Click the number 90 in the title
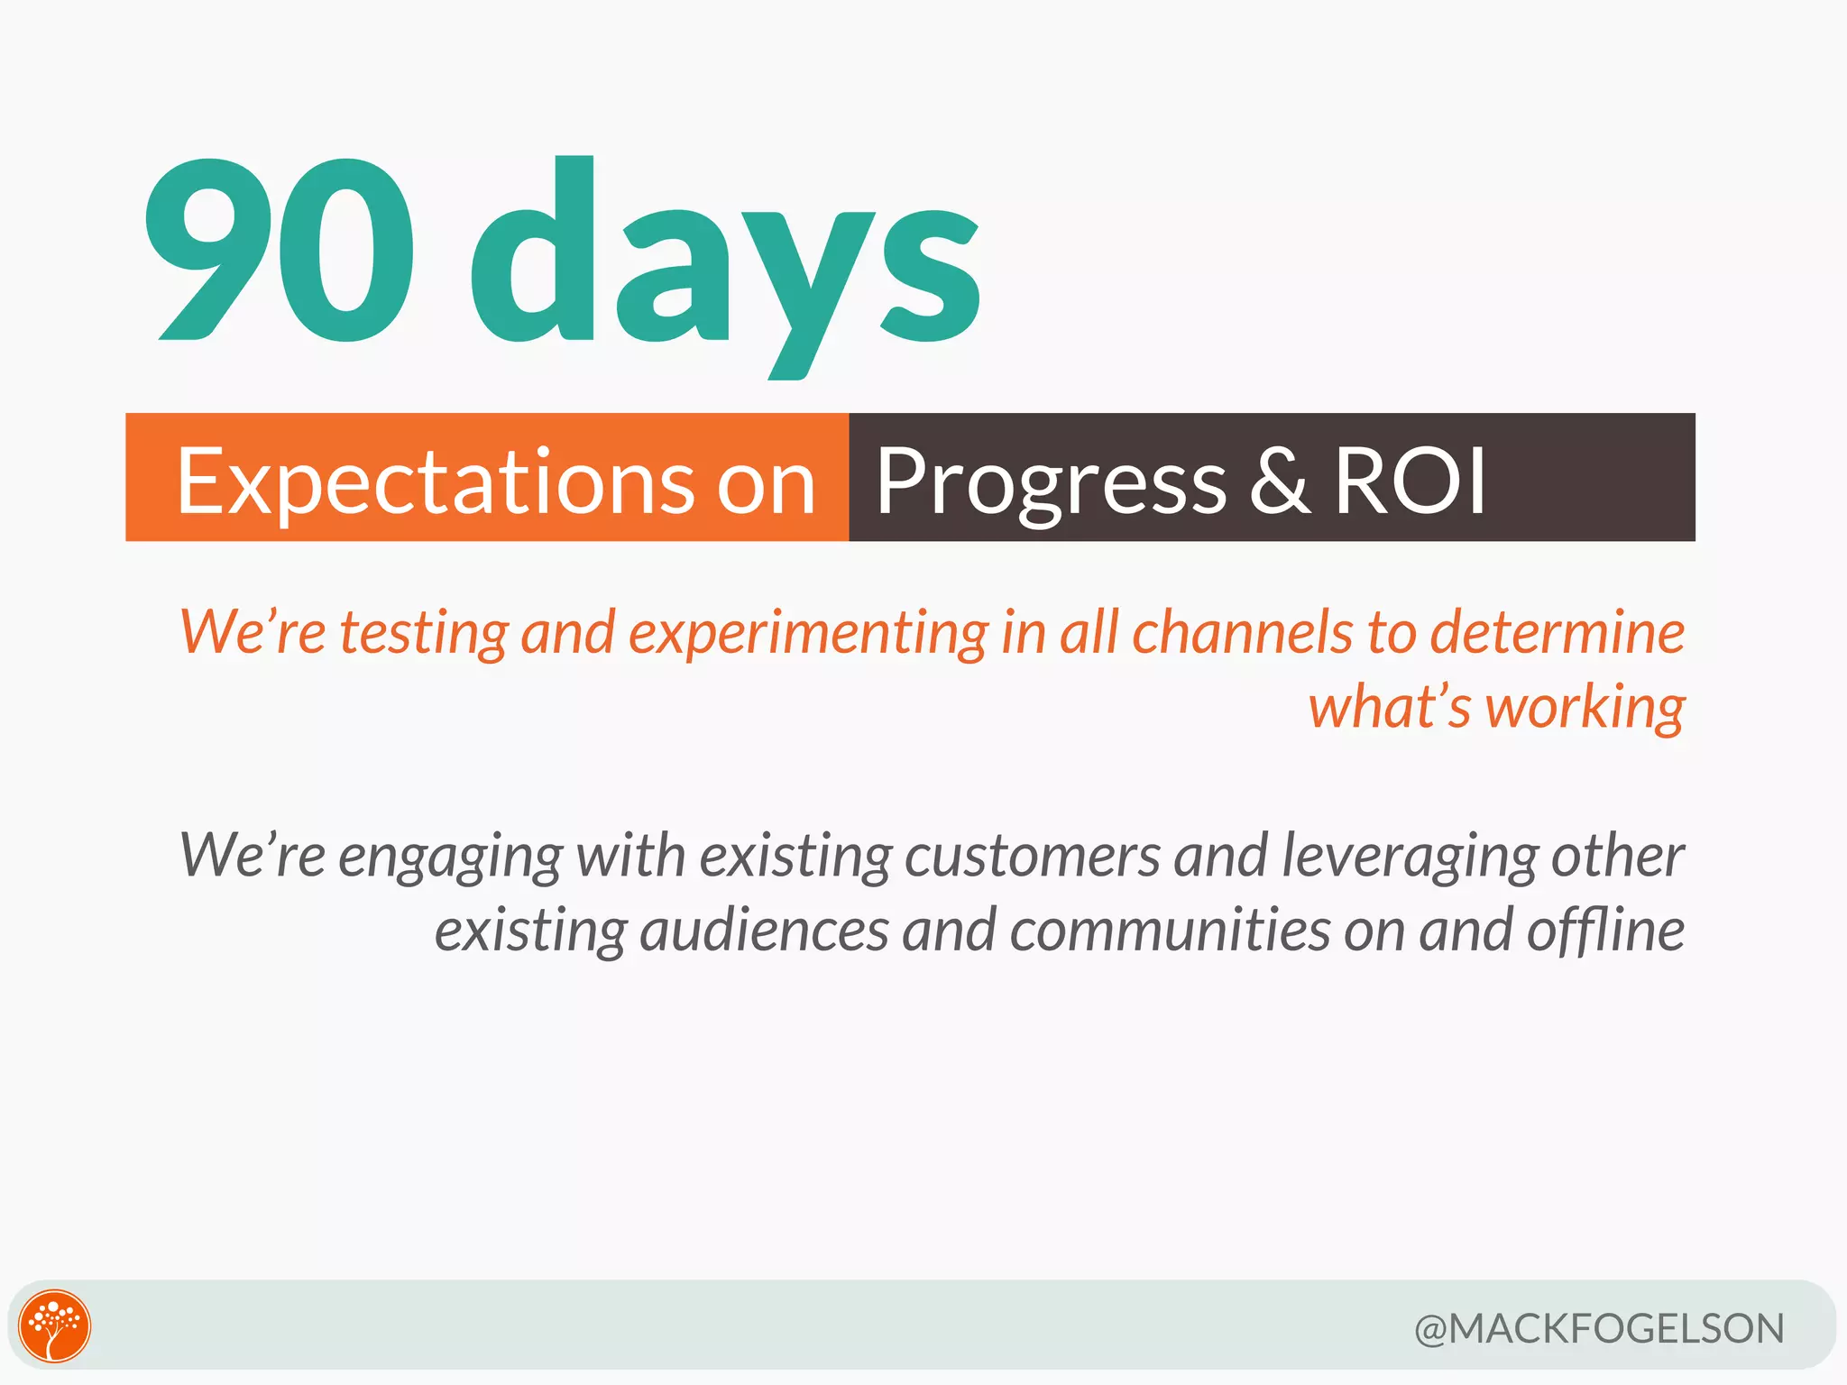coord(280,251)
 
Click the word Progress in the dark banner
coord(1051,482)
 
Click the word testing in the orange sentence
coord(424,634)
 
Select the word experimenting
coord(807,634)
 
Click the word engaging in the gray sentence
coord(450,857)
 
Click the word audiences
coord(764,931)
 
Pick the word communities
coord(1170,931)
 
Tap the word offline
coord(1604,931)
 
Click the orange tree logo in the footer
coord(55,1325)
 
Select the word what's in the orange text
coord(1390,708)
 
